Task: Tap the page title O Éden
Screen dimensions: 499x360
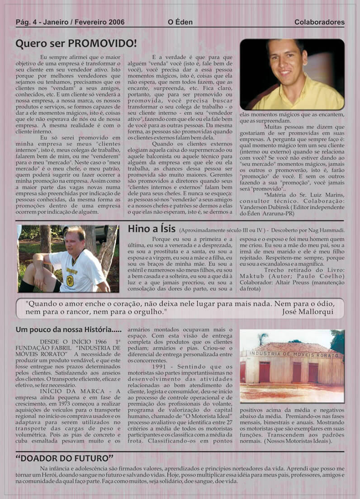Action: pyautogui.click(x=180, y=22)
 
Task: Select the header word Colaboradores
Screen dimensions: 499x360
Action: pyautogui.click(x=319, y=22)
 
